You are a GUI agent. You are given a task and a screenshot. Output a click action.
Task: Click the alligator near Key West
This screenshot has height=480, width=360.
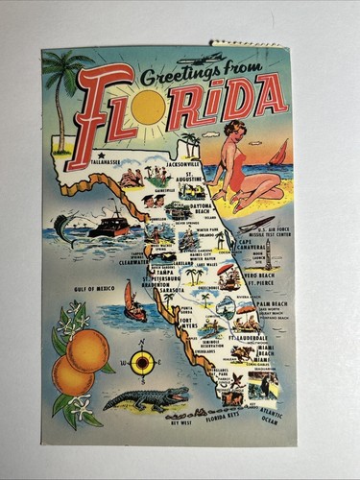[146, 396]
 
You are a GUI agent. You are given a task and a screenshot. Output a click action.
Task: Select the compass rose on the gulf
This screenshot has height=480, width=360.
[141, 362]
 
